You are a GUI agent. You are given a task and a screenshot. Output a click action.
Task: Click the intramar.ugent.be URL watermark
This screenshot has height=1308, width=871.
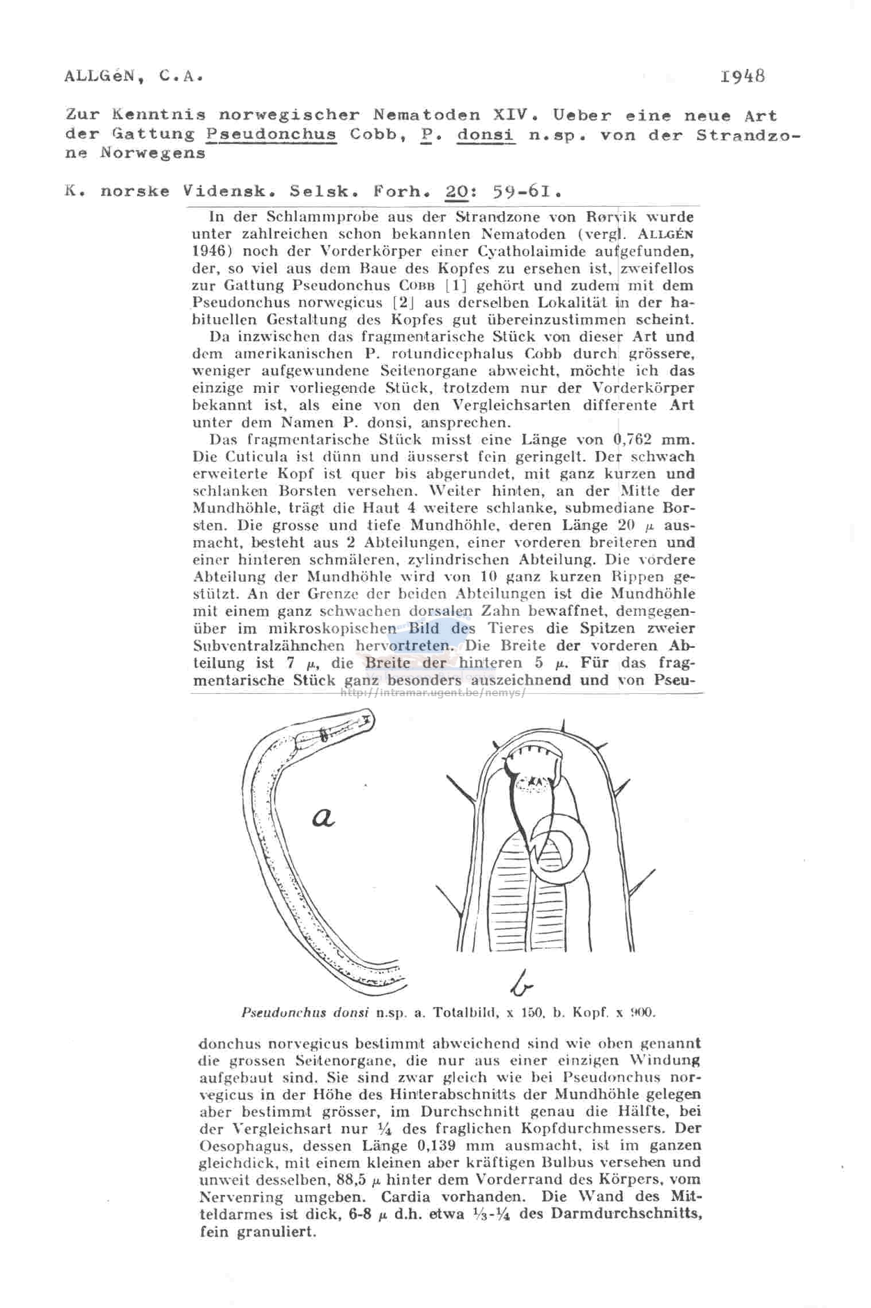433,692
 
